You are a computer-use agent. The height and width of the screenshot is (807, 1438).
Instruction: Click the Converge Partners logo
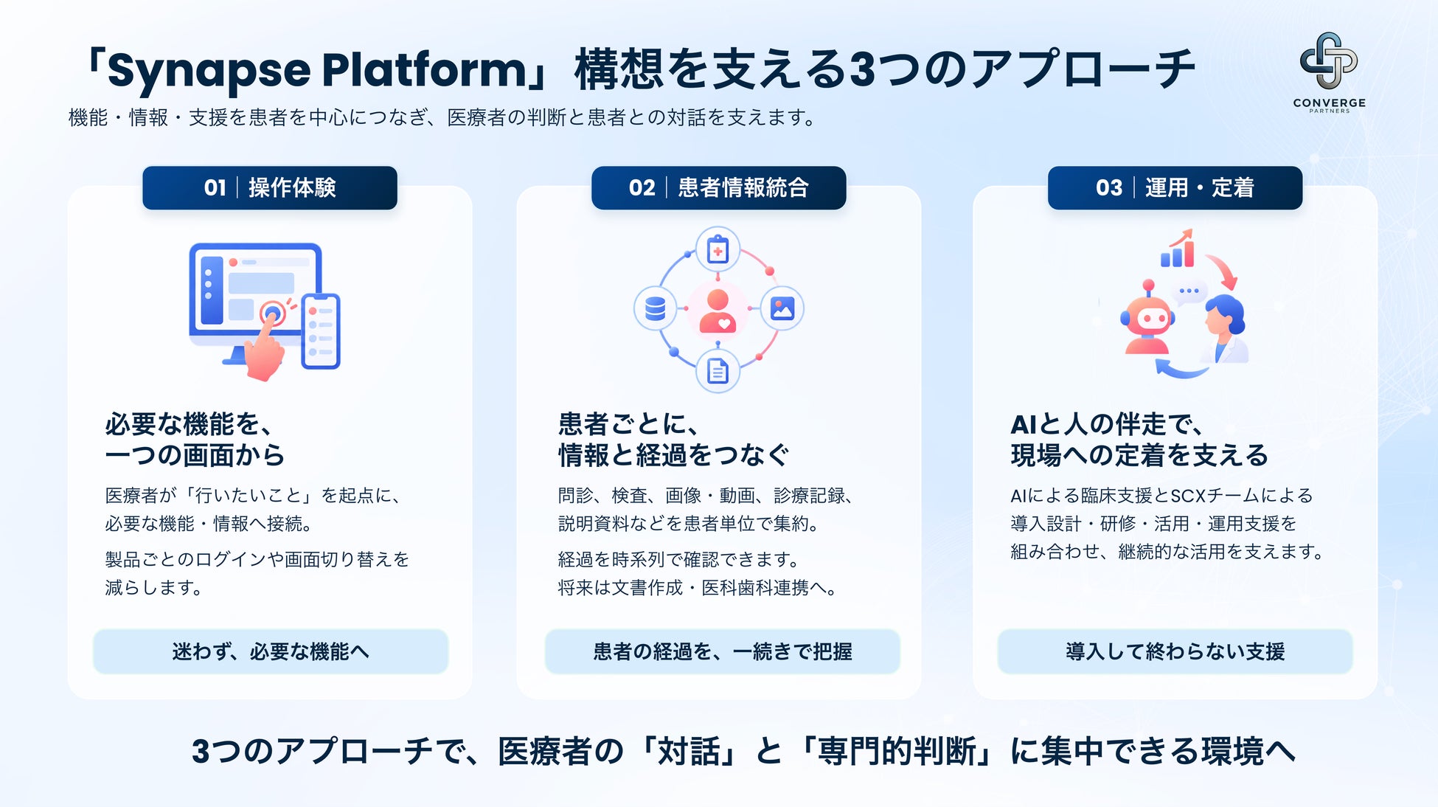click(x=1329, y=72)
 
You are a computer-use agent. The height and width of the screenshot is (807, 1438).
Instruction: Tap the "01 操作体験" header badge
click(x=270, y=187)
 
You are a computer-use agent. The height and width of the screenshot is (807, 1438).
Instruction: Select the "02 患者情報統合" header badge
click(x=718, y=187)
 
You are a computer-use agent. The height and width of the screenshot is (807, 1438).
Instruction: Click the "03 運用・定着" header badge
click(x=1175, y=187)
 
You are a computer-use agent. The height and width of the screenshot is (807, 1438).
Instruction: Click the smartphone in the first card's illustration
click(x=321, y=331)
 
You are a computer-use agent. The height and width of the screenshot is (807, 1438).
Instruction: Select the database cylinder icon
click(x=655, y=308)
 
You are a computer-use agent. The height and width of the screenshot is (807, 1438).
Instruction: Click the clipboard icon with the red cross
click(x=718, y=249)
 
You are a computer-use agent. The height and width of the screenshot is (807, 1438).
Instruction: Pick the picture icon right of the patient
click(x=782, y=308)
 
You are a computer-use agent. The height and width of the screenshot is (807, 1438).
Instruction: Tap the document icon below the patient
click(x=718, y=370)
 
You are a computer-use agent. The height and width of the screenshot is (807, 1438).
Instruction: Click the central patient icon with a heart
click(x=718, y=310)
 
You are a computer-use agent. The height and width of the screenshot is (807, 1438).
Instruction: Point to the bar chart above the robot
click(x=1178, y=249)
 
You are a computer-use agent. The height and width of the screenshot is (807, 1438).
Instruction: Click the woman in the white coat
click(x=1225, y=328)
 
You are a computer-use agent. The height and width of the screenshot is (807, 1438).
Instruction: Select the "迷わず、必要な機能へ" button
click(x=271, y=651)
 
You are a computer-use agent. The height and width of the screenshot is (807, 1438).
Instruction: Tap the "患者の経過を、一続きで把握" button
click(x=723, y=651)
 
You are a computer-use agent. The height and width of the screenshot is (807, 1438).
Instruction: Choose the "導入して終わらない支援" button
click(x=1175, y=651)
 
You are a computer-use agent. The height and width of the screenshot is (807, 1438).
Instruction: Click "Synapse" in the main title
click(x=209, y=71)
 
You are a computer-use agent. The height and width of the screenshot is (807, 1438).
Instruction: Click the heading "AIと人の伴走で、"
click(x=1107, y=424)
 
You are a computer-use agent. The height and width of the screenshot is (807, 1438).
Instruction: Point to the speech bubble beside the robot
click(x=1189, y=291)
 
